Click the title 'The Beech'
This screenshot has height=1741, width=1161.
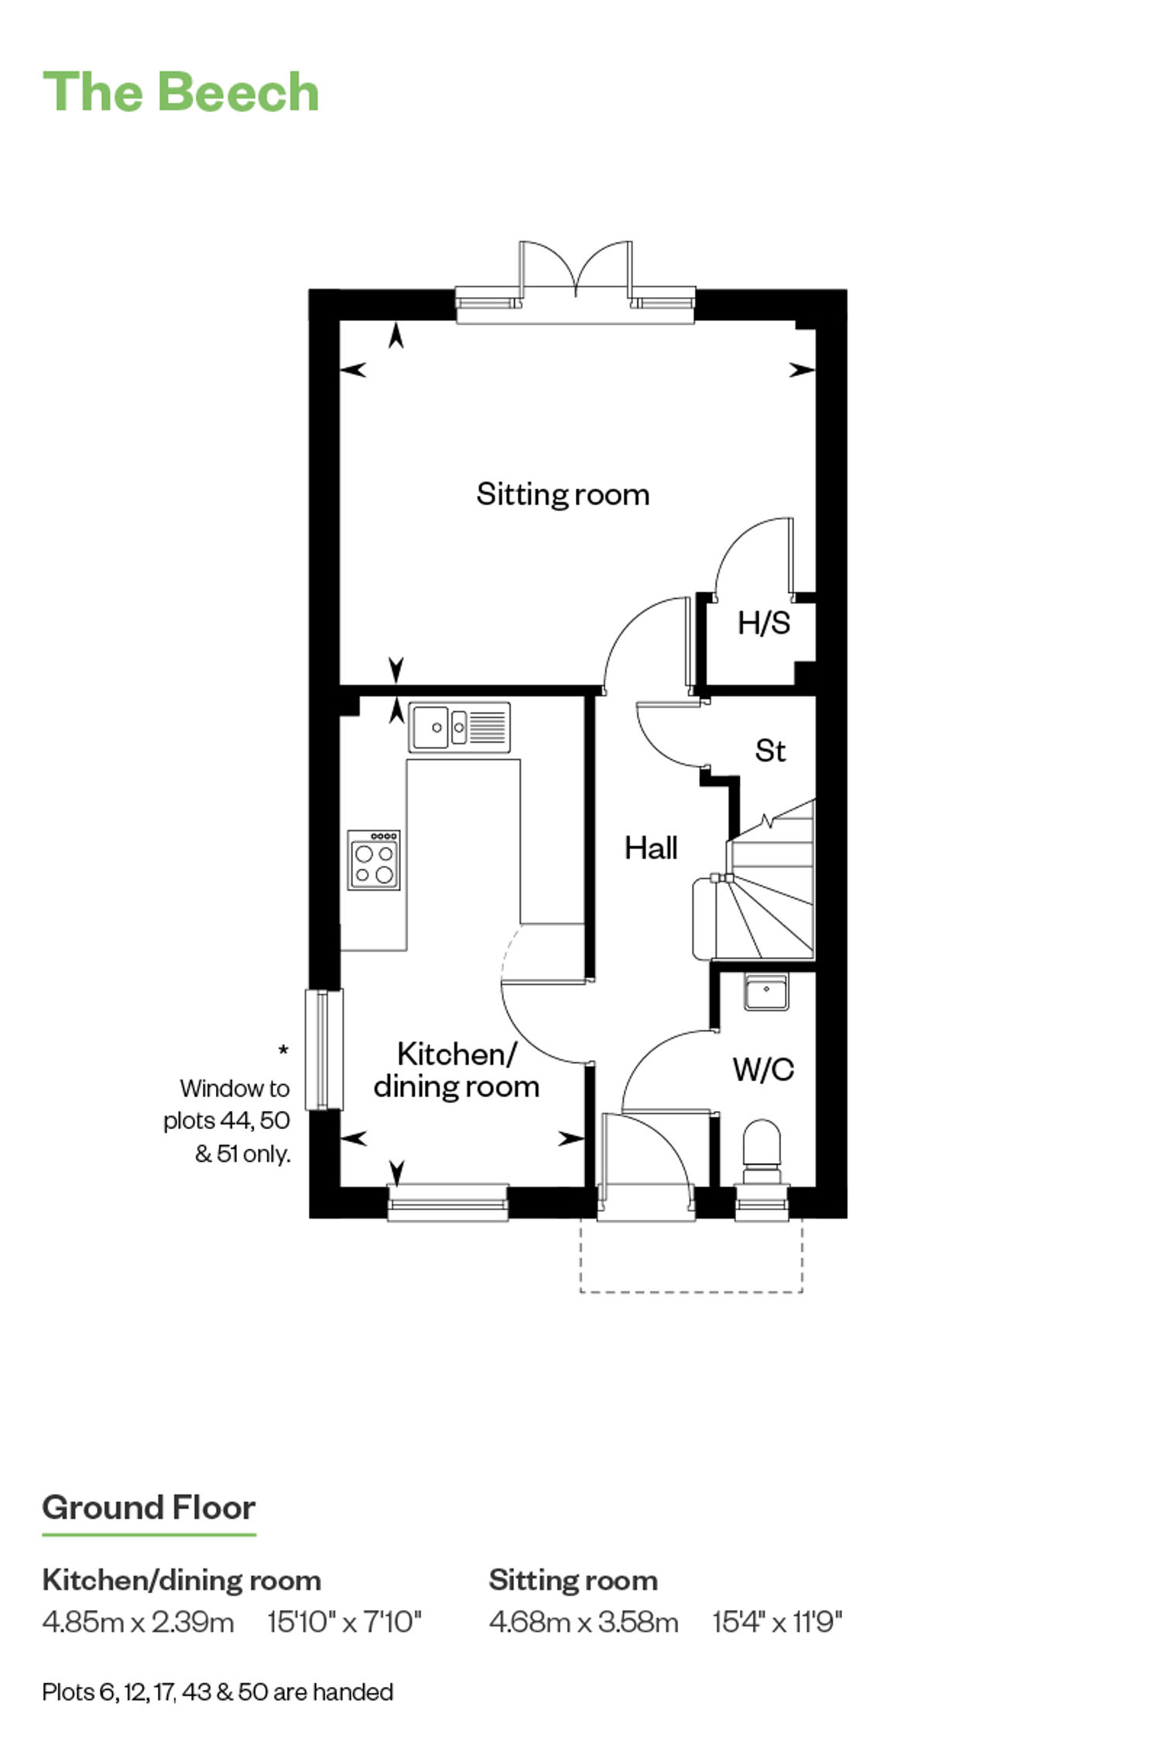tap(180, 91)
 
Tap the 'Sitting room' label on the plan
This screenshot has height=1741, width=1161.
tap(563, 494)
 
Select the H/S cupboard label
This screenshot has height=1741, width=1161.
tap(764, 623)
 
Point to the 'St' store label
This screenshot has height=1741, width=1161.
tap(770, 751)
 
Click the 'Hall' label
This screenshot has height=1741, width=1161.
tap(651, 848)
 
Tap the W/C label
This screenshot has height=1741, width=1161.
tap(763, 1069)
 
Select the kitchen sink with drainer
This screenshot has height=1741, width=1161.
tap(459, 727)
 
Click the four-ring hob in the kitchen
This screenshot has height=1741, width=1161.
tap(374, 860)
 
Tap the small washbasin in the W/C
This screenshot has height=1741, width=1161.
tap(766, 991)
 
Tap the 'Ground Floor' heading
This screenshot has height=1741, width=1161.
tap(149, 1507)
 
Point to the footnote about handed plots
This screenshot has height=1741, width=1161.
tap(217, 1692)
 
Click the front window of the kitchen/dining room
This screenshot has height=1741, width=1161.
tap(447, 1202)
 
